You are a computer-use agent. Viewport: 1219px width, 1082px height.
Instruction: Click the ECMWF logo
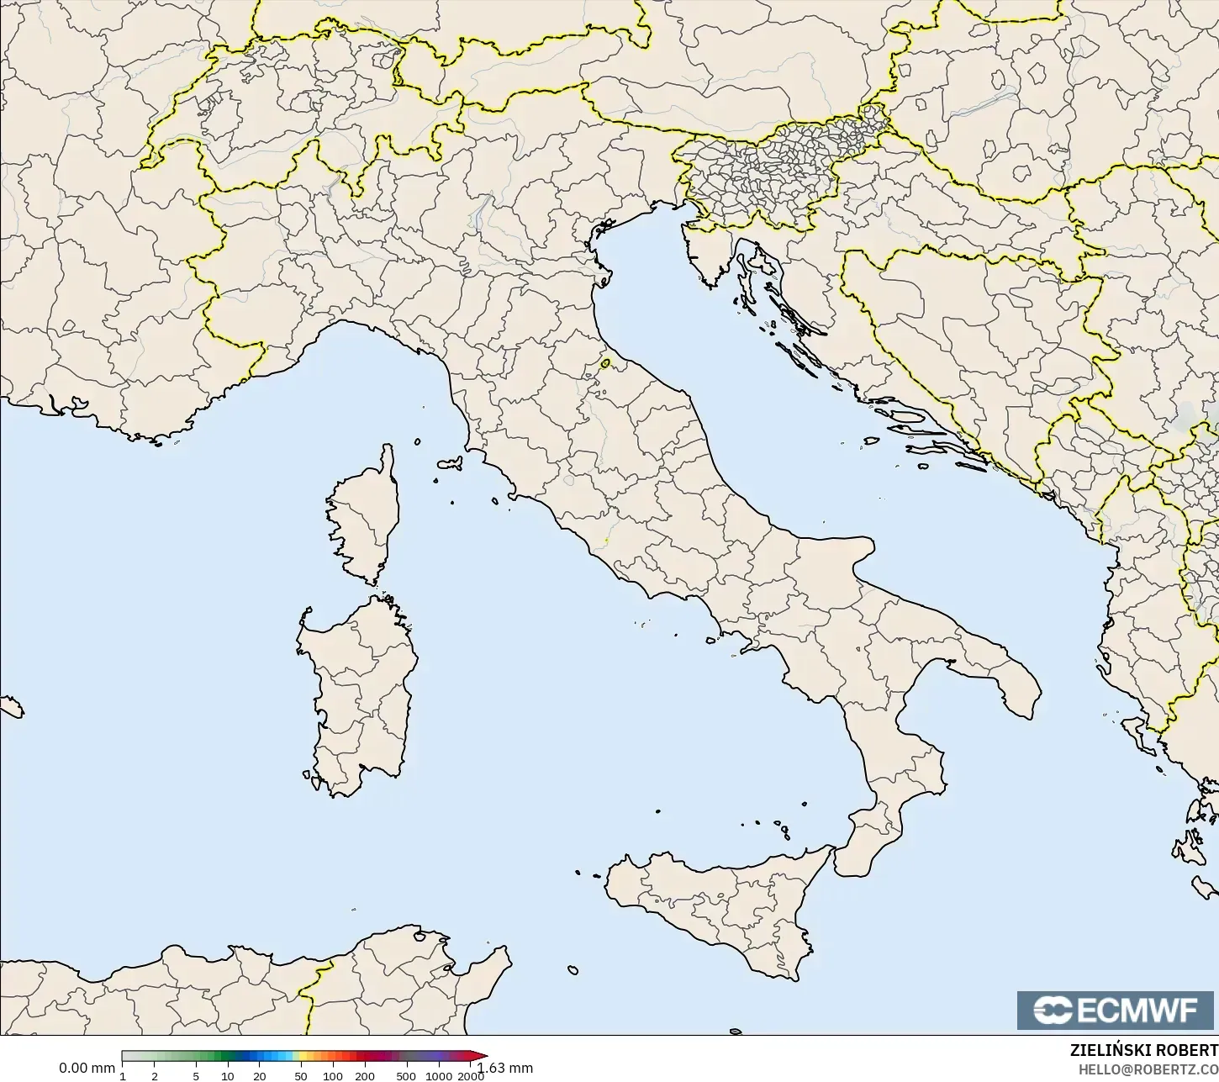[x=1117, y=1011]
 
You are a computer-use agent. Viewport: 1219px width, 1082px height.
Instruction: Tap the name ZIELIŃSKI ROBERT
[x=1143, y=1051]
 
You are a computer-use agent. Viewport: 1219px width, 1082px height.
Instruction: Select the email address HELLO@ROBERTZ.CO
[x=1148, y=1069]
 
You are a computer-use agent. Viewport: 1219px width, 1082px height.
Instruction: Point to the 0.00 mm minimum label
[x=87, y=1069]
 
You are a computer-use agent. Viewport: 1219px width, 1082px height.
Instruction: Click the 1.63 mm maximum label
[x=507, y=1069]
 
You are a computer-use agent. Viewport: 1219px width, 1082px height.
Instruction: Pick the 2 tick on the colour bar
[x=155, y=1076]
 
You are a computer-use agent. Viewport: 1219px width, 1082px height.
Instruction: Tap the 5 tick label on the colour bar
[x=196, y=1076]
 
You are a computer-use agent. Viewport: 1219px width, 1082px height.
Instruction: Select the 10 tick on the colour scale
[x=228, y=1076]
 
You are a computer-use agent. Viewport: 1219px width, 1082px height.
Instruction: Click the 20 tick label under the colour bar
[x=259, y=1076]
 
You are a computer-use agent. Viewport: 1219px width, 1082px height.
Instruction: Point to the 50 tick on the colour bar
[x=301, y=1076]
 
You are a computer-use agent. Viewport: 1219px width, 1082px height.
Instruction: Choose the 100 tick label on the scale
[x=333, y=1076]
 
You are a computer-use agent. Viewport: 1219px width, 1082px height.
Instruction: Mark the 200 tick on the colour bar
[x=365, y=1076]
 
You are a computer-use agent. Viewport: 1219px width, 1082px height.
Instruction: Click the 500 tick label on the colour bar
[x=406, y=1076]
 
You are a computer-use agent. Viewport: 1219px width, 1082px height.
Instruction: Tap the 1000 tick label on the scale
[x=439, y=1076]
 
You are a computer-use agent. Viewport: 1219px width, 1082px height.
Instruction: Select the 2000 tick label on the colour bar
[x=471, y=1076]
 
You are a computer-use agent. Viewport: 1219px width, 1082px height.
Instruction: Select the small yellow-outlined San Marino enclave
[x=605, y=364]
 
